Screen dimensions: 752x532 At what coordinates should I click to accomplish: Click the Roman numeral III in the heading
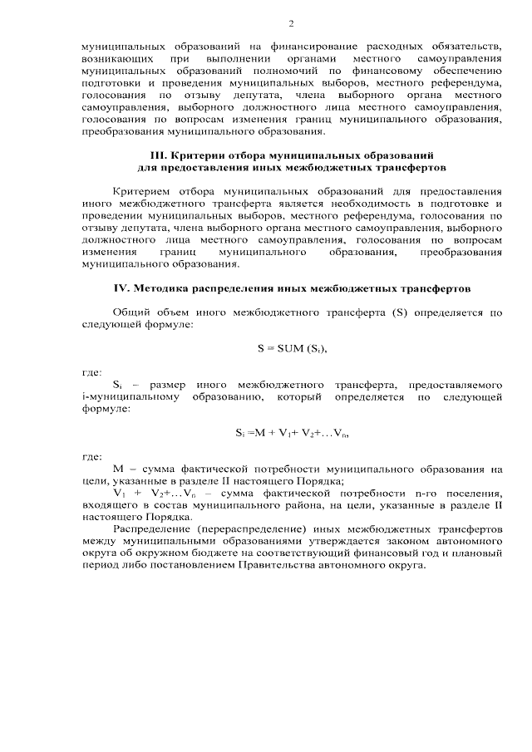(x=157, y=155)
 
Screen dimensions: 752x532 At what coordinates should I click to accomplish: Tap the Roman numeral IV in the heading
(x=121, y=289)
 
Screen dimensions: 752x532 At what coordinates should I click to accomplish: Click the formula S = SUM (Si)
(x=292, y=348)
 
